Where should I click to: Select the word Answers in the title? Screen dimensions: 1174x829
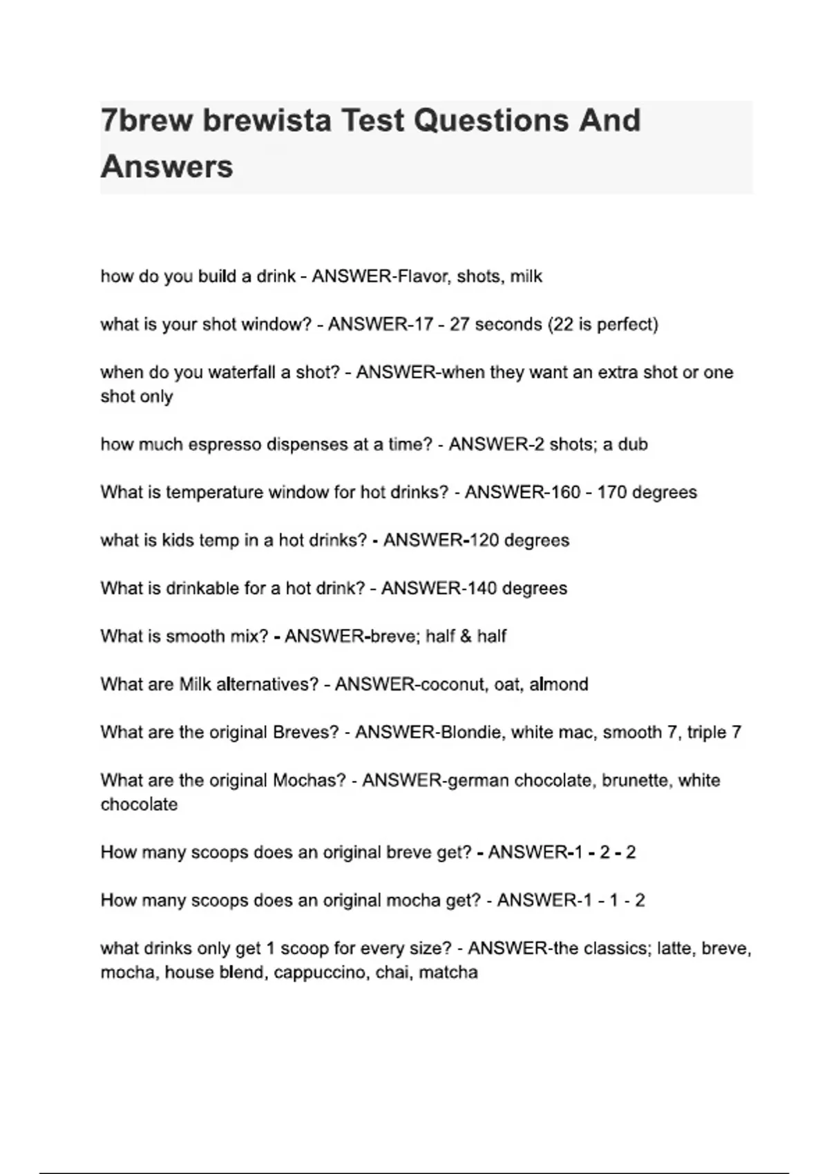coord(167,167)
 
